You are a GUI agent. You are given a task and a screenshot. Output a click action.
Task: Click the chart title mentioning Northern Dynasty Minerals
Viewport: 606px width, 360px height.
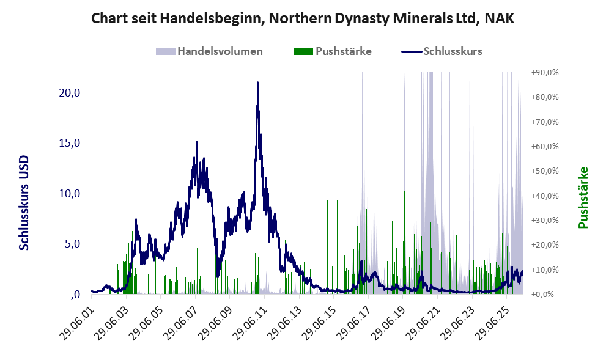click(303, 18)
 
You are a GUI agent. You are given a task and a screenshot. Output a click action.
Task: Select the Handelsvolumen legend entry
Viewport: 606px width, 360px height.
click(209, 51)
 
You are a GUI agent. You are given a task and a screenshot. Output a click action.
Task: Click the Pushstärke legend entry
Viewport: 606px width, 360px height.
click(333, 51)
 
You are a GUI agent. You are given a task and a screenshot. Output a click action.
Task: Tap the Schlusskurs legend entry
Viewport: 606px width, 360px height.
click(442, 51)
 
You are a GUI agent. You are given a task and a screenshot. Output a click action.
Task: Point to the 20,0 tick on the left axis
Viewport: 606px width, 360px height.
click(69, 93)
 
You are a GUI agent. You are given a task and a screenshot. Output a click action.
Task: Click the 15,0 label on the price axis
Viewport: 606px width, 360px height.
click(69, 143)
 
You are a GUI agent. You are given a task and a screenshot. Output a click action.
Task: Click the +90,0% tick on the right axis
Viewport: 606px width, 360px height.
click(545, 72)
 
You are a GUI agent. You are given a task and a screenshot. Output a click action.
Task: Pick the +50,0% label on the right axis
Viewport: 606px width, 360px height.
click(545, 171)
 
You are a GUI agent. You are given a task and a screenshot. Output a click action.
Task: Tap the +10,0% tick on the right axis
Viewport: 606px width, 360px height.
click(545, 270)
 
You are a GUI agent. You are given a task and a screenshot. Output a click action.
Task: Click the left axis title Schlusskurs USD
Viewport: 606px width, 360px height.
click(24, 203)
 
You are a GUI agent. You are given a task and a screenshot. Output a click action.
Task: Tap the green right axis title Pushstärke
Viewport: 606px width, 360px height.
click(583, 197)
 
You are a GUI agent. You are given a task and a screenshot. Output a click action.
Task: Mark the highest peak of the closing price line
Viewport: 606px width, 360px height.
click(258, 83)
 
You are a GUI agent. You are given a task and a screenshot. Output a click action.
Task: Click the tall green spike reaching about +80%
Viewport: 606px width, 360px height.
click(508, 193)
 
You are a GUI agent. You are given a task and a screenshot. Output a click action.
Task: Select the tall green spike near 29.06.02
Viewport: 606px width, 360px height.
click(111, 225)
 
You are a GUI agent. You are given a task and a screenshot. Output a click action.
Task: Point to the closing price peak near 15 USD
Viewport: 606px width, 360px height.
click(196, 142)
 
